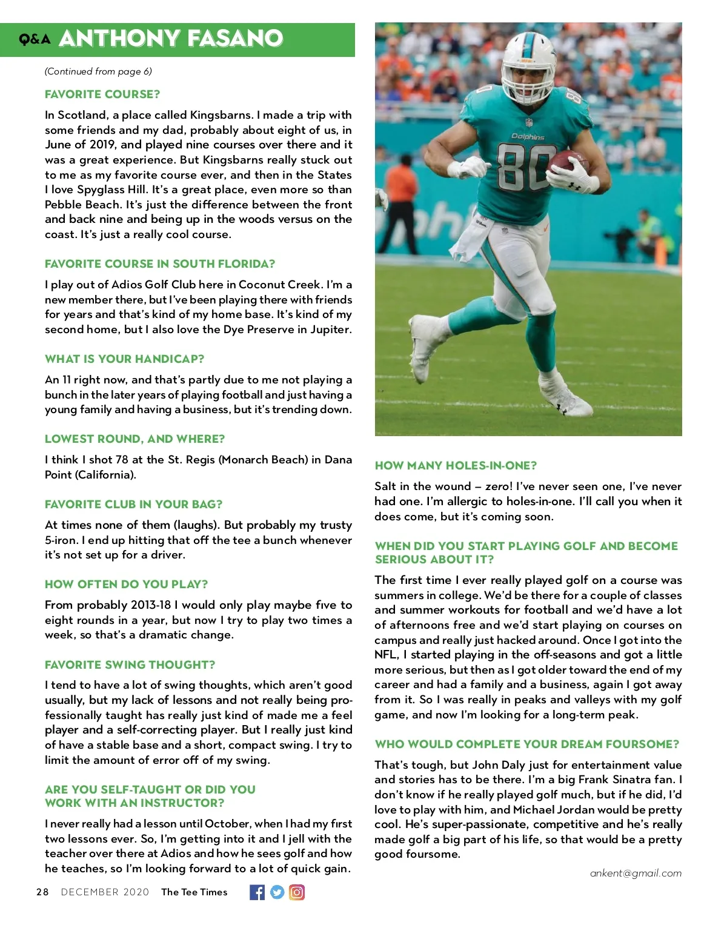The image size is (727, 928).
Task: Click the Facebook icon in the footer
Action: [x=257, y=892]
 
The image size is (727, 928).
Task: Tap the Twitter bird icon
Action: [x=277, y=892]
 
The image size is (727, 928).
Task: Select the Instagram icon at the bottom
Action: [x=297, y=892]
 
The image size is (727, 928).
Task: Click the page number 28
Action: [x=42, y=892]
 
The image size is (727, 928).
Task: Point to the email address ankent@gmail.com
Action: [x=636, y=873]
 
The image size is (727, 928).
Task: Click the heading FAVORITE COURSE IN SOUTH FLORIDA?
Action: [x=160, y=264]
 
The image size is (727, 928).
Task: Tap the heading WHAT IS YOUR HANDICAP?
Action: [x=124, y=359]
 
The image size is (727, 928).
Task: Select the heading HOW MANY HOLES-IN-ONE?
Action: [x=456, y=466]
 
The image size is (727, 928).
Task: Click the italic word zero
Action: [x=497, y=486]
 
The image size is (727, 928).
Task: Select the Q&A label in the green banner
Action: [x=35, y=40]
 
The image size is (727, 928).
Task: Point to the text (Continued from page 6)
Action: [x=98, y=71]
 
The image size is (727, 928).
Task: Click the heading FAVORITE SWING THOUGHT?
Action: [x=130, y=665]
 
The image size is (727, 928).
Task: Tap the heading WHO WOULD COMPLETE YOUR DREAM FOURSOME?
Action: [x=526, y=744]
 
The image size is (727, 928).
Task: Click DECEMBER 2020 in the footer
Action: [x=105, y=892]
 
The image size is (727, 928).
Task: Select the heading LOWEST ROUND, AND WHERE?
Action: [x=134, y=439]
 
